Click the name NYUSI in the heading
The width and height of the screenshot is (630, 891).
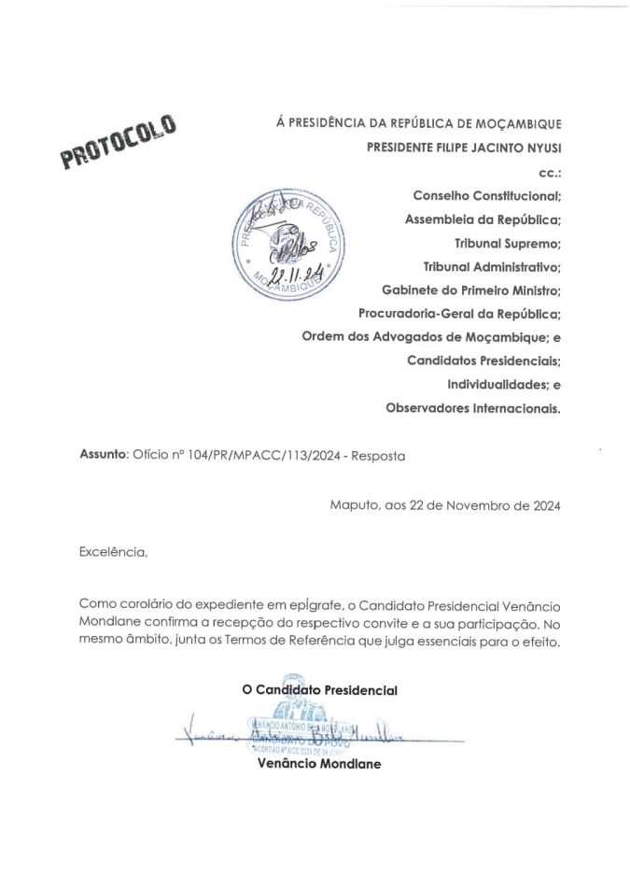click(542, 148)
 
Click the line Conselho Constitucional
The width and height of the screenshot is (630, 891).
click(486, 196)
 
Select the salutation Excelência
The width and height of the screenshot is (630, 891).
click(114, 553)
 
